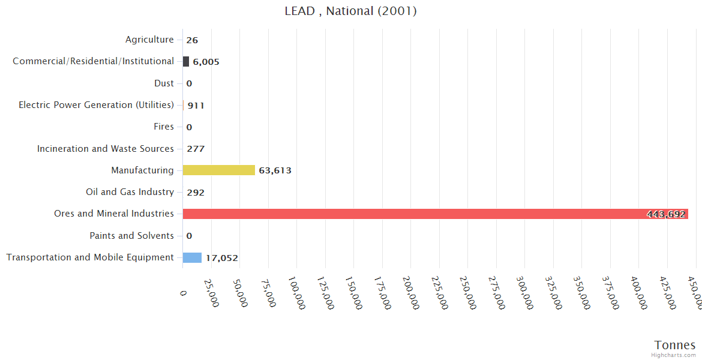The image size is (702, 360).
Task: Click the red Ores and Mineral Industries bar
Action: [435, 214]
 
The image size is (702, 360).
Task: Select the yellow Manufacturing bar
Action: [219, 170]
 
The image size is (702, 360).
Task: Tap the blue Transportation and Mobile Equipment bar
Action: [192, 257]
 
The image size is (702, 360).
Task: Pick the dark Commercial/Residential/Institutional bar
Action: [186, 61]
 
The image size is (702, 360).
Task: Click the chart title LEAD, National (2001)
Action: [351, 11]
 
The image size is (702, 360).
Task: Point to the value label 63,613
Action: [275, 170]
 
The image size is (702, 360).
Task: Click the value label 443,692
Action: [666, 214]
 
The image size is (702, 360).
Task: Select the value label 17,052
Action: [222, 258]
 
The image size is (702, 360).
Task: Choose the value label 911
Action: [196, 106]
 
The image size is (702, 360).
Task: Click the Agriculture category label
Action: [149, 40]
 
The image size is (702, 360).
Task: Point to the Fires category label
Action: [164, 127]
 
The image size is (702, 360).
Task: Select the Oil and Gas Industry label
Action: [130, 192]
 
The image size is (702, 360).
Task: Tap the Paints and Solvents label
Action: [131, 236]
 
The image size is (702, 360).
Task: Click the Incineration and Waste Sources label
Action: [106, 149]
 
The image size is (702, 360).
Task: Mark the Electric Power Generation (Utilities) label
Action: [96, 105]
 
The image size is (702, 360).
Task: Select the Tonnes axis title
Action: [675, 345]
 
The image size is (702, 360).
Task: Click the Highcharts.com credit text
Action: [674, 355]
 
